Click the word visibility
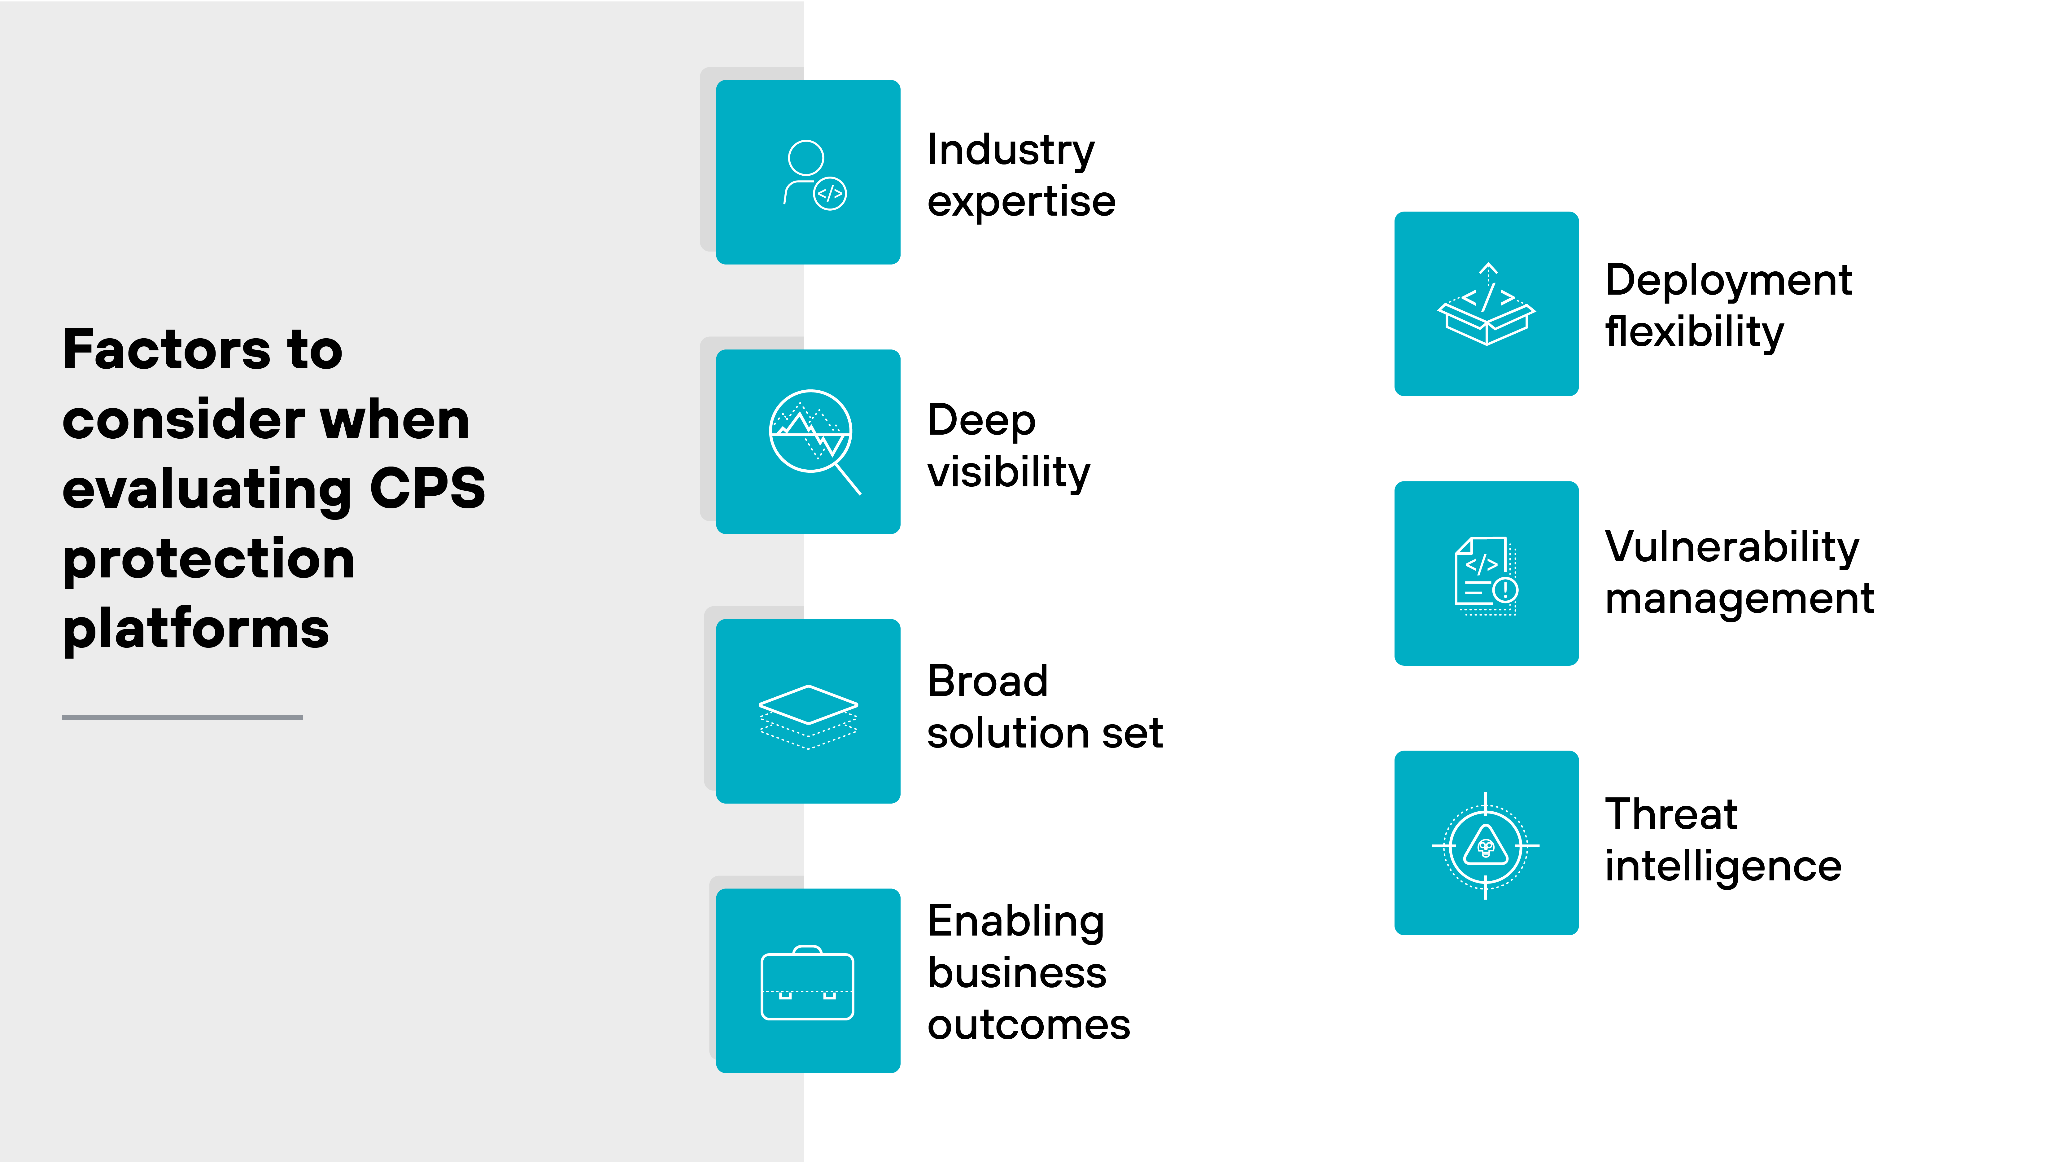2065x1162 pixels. [1008, 471]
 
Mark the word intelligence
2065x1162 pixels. [1723, 866]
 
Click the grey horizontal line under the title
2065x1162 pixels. [182, 717]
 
